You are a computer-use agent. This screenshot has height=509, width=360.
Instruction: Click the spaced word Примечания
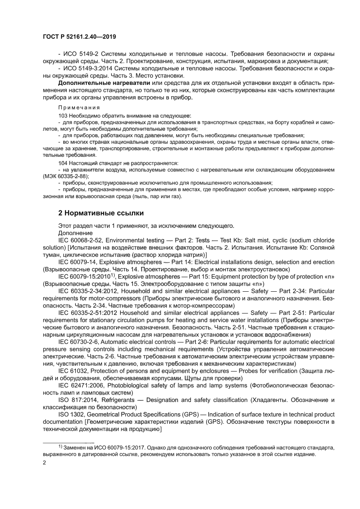click(x=79, y=107)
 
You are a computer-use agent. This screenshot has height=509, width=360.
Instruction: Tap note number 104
click(x=63, y=162)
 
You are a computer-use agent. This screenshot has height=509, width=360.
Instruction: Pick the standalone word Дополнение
click(x=75, y=233)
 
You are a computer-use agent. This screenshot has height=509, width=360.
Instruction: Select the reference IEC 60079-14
click(x=78, y=262)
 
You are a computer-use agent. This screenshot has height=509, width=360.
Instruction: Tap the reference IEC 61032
click(x=72, y=371)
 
